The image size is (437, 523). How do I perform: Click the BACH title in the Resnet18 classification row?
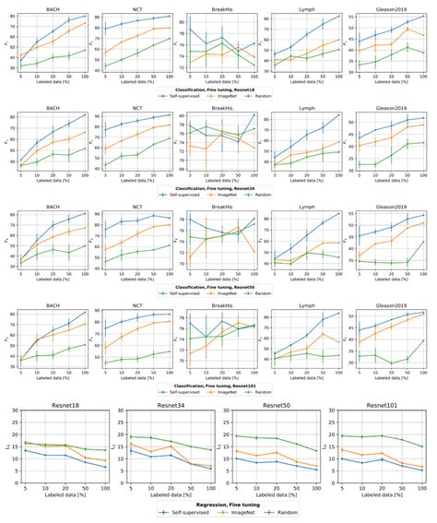pyautogui.click(x=53, y=8)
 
